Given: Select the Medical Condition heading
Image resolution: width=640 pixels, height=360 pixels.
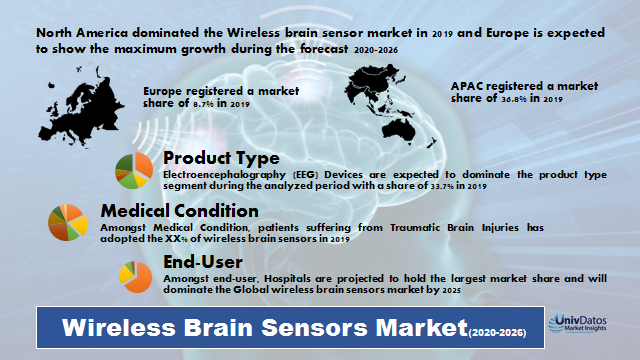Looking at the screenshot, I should tap(179, 211).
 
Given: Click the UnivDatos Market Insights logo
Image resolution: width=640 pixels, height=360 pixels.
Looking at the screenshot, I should tap(584, 323).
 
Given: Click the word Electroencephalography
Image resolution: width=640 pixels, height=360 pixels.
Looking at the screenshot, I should tap(213, 174).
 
